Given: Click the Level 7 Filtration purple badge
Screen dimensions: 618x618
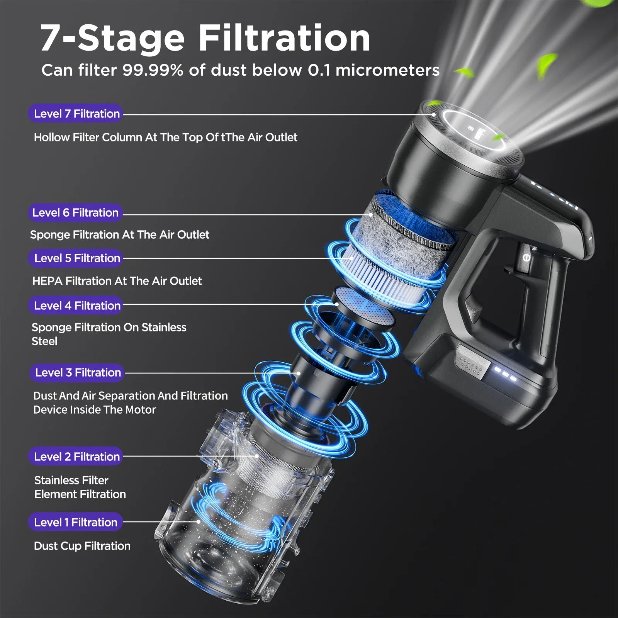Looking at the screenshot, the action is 76,114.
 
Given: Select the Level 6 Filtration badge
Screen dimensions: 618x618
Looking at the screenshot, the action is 75,212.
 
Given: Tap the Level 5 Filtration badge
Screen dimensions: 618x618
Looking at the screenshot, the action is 76,258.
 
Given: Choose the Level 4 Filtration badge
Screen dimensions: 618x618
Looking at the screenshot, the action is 76,306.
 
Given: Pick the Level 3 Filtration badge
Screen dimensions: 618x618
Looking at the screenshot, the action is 77,372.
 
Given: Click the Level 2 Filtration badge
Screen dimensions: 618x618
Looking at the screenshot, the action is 76,457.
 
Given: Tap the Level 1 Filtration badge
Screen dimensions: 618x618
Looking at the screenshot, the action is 76,522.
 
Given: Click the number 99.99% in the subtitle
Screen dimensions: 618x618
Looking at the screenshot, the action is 153,70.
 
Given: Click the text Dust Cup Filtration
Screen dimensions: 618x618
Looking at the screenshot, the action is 82,546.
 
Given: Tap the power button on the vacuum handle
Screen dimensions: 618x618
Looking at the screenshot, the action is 526,257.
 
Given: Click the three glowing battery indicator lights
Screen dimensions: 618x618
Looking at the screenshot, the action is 506,374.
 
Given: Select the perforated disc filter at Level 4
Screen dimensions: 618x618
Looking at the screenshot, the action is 364,307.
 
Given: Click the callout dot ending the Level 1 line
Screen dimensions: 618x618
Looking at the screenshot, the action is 199,521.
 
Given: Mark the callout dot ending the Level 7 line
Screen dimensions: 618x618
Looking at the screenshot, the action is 434,114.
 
